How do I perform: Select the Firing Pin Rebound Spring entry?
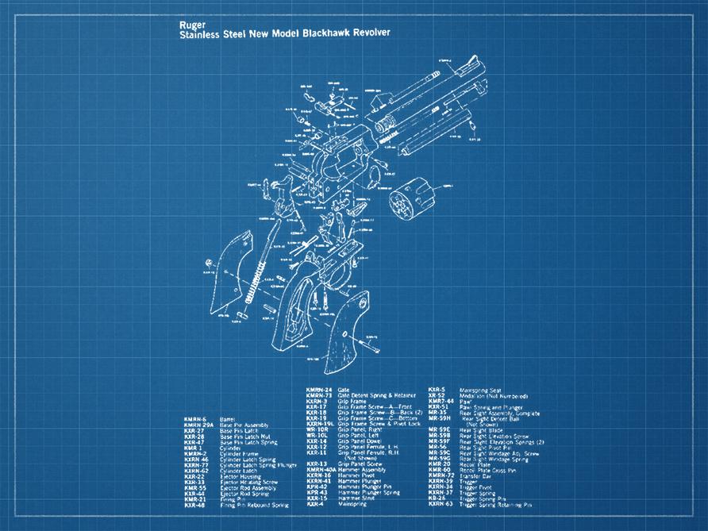pyautogui.click(x=254, y=505)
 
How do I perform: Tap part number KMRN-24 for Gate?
pyautogui.click(x=319, y=389)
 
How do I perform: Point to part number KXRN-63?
pyautogui.click(x=441, y=504)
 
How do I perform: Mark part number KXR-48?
pyautogui.click(x=195, y=505)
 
